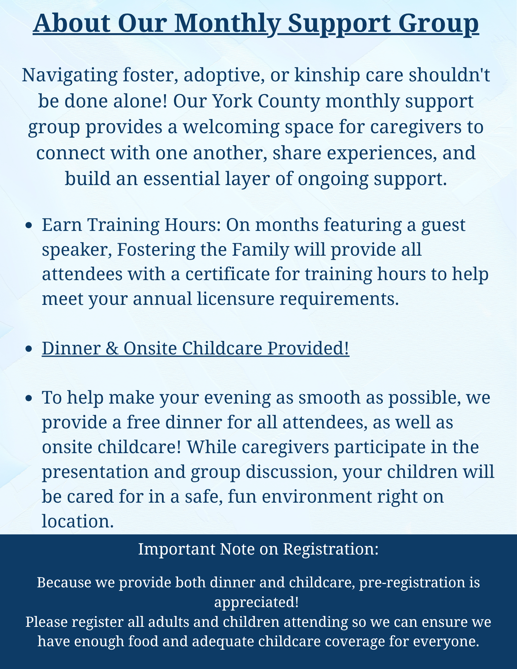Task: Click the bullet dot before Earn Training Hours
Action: (x=29, y=226)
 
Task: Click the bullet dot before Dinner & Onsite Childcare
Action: (x=29, y=349)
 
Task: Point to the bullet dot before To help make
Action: (x=29, y=398)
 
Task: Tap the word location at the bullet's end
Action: (x=76, y=521)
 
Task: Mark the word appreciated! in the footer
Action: (x=256, y=602)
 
